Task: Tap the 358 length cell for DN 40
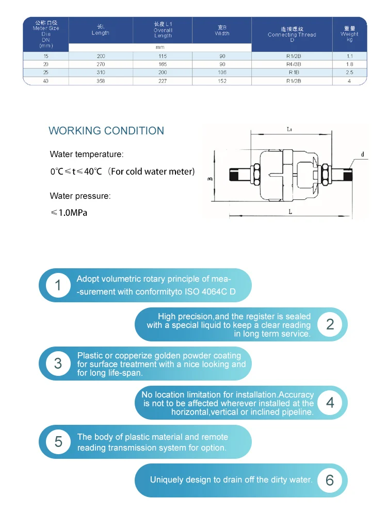pos(101,81)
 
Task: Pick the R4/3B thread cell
pos(292,64)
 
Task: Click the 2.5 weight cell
pos(349,73)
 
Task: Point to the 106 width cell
pos(222,73)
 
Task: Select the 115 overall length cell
pos(163,55)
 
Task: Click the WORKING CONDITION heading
pos(106,131)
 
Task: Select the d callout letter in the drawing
pos(362,154)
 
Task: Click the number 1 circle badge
pos(58,285)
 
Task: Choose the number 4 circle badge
pos(330,402)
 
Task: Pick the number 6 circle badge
pos(330,480)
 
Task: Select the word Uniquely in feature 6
pos(167,480)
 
